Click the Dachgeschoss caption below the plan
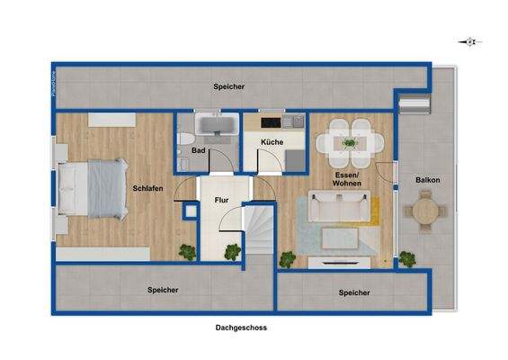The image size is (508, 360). coord(241,328)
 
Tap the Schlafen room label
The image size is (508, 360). coord(147,189)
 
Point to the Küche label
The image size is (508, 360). coord(272,142)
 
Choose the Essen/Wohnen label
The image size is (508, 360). coord(346,178)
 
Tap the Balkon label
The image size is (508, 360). coord(427,180)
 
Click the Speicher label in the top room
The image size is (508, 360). coord(229,86)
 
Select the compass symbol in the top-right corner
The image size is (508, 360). coord(470,41)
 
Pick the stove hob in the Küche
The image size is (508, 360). coord(271,122)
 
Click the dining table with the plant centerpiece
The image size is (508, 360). coord(348,141)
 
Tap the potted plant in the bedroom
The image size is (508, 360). coord(188,253)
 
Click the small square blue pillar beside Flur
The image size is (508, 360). coord(190,212)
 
